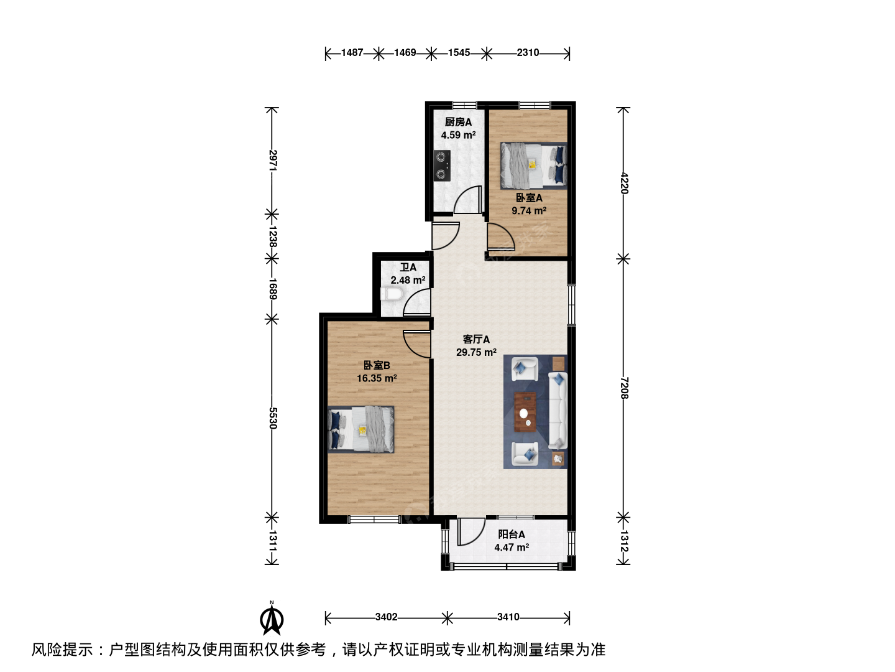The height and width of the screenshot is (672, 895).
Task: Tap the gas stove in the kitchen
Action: pyautogui.click(x=443, y=166)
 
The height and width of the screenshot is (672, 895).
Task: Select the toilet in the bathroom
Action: pyautogui.click(x=392, y=294)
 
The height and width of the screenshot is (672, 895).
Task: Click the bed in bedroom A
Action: pyautogui.click(x=534, y=166)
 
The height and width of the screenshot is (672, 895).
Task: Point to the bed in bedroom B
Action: pyautogui.click(x=361, y=429)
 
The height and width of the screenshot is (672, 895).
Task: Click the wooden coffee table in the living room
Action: pyautogui.click(x=525, y=412)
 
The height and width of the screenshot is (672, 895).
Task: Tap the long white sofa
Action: pyautogui.click(x=558, y=410)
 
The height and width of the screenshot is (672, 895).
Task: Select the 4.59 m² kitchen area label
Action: pyautogui.click(x=458, y=135)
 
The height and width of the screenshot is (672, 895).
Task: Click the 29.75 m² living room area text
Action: pyautogui.click(x=476, y=353)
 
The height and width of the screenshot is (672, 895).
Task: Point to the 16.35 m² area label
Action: pyautogui.click(x=377, y=379)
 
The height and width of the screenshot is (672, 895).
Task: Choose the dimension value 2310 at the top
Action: pyautogui.click(x=528, y=53)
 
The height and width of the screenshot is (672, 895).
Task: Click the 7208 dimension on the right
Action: pyautogui.click(x=624, y=388)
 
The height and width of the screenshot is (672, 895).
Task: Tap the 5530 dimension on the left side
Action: pyautogui.click(x=273, y=418)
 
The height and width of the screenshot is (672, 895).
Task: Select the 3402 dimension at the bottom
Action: pyautogui.click(x=386, y=617)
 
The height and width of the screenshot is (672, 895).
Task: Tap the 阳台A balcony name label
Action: pyautogui.click(x=512, y=534)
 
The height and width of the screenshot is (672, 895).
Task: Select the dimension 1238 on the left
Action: pyautogui.click(x=273, y=236)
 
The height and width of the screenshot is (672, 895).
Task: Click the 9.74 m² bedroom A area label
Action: pyautogui.click(x=529, y=211)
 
